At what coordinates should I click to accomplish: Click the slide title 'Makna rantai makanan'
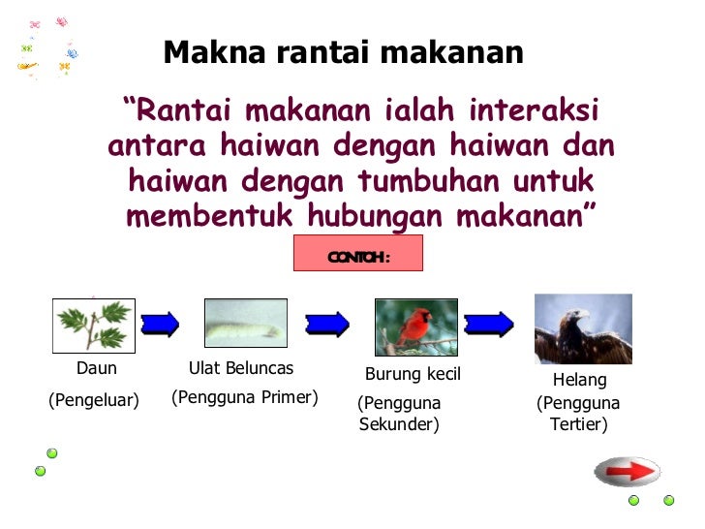tap(343, 51)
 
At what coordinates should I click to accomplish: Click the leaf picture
tap(94, 326)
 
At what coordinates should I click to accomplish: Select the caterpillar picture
tap(246, 324)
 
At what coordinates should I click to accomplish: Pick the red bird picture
tap(416, 327)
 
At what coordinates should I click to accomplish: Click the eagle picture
tap(583, 328)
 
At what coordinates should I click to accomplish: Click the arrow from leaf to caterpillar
tap(160, 324)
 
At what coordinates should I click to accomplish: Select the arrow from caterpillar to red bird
tap(327, 323)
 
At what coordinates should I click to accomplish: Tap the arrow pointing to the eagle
tap(489, 323)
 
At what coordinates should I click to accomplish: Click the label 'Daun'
tap(97, 369)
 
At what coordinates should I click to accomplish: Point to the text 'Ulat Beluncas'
tap(241, 369)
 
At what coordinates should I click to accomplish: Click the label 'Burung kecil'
tap(413, 375)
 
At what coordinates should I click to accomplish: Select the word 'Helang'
tap(579, 381)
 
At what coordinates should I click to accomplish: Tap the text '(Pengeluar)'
tap(94, 401)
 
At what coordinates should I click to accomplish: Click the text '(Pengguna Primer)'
tap(245, 397)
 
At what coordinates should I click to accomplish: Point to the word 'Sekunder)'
tap(399, 424)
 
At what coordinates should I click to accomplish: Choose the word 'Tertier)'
tap(578, 424)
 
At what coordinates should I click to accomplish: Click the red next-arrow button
tap(627, 472)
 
